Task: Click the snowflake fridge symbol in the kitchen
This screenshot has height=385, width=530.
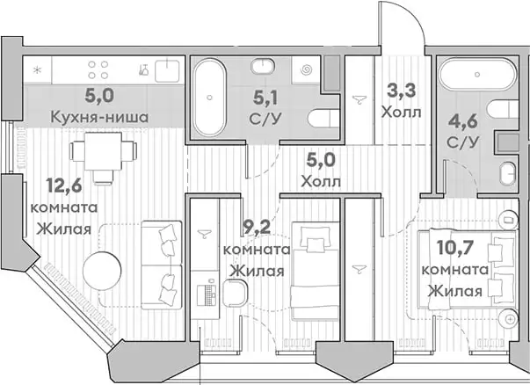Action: (38, 69)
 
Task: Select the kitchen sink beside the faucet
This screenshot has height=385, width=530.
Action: (166, 69)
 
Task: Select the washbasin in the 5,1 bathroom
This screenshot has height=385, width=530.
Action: (264, 68)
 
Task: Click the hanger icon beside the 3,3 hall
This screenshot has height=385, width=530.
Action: (359, 99)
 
